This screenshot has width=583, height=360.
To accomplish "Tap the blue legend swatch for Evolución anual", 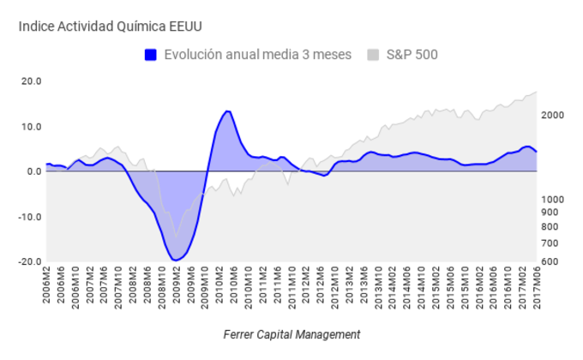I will (x=151, y=55).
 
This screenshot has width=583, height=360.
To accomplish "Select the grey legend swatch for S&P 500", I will (x=373, y=55).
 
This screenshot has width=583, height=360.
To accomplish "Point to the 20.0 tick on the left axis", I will (x=32, y=81).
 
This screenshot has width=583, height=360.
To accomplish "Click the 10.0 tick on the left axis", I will (x=32, y=127).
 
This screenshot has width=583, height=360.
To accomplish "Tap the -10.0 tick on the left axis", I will (x=30, y=217).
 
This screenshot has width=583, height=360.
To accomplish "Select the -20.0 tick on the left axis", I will (x=30, y=261).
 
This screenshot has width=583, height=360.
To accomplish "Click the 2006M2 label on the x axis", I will (x=47, y=284).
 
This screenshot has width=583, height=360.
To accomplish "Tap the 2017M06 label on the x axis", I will (x=537, y=285).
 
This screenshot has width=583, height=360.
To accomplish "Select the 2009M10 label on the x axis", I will (x=204, y=285).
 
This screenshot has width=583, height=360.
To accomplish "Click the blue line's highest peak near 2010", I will (x=227, y=111).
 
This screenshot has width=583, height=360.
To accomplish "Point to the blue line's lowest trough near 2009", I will (x=176, y=260).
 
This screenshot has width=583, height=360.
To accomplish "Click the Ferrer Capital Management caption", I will (x=291, y=334).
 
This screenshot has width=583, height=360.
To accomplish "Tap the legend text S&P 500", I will (x=412, y=55).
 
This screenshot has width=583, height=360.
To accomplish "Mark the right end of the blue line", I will (x=537, y=152).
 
